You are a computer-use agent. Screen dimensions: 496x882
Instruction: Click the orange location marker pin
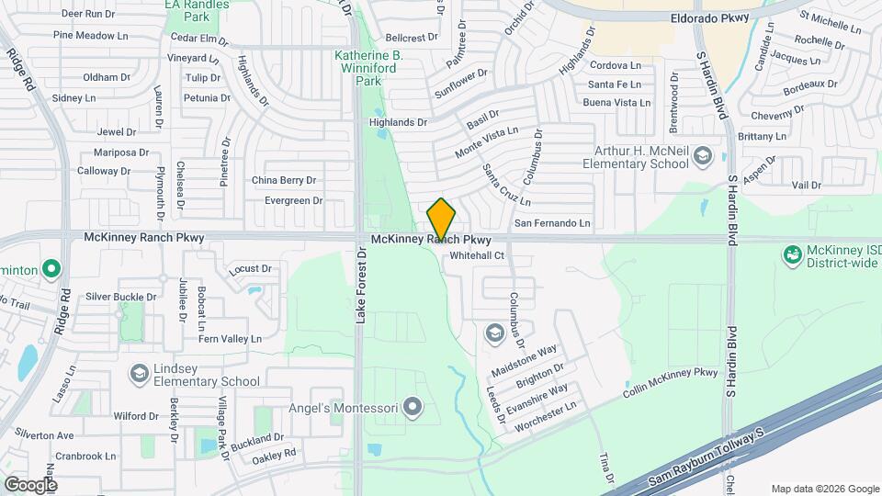[441, 219]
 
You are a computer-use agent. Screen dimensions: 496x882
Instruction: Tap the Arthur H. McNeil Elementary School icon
[703, 154]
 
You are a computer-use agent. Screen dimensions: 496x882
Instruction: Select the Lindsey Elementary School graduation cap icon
[138, 372]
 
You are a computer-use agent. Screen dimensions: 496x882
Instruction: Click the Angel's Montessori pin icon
[413, 406]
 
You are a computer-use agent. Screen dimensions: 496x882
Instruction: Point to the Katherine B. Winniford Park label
[367, 68]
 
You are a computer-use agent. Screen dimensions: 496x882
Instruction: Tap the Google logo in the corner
[30, 484]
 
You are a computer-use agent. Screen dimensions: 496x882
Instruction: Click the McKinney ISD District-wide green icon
[791, 253]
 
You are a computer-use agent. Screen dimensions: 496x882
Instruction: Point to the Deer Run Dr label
[88, 14]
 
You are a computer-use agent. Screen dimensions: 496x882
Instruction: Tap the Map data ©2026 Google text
[824, 489]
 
